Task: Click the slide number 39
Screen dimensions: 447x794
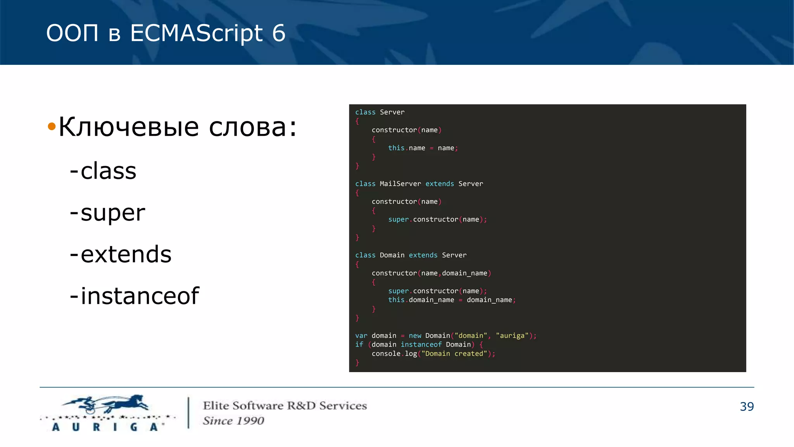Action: (746, 406)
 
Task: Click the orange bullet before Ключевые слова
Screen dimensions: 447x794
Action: (52, 126)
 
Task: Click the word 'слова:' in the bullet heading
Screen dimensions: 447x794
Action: (253, 127)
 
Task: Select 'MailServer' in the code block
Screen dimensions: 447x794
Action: (400, 184)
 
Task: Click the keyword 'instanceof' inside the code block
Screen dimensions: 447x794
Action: (421, 345)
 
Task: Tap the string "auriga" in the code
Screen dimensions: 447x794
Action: (512, 336)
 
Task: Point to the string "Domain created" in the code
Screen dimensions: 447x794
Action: (454, 353)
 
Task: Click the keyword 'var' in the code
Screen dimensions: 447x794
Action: (361, 336)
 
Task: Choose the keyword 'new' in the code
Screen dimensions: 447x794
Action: (415, 336)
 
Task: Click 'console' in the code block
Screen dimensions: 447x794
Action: (386, 353)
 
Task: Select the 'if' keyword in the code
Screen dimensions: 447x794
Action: (359, 345)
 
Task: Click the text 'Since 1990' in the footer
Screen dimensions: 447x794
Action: (233, 421)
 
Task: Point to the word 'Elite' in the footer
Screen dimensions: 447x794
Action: (216, 405)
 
